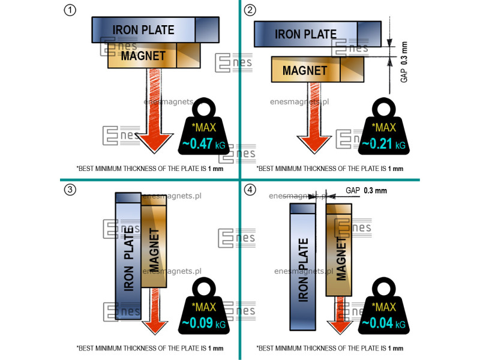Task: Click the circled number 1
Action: coord(70,10)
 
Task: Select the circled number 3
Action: coord(70,190)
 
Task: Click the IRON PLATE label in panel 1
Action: coord(143,29)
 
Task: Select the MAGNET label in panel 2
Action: coord(305,70)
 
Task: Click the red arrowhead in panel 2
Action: coord(314,145)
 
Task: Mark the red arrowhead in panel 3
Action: coord(155,326)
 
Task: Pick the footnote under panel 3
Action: coord(150,348)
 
